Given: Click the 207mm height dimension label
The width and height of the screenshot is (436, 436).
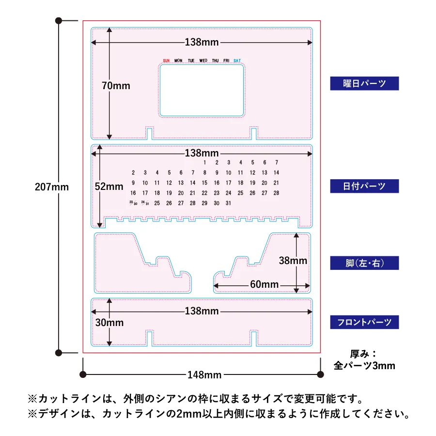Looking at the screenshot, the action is tap(52, 187).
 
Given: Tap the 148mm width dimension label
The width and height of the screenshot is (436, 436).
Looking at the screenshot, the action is tap(204, 375).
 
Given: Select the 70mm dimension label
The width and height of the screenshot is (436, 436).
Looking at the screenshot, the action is tap(116, 86).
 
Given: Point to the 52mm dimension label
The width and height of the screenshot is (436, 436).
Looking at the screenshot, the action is tap(109, 187).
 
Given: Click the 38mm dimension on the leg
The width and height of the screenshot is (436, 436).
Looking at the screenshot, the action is tap(293, 261).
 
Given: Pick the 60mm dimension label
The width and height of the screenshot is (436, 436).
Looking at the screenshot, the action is tap(264, 284).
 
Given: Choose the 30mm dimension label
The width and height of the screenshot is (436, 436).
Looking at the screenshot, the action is tap(109, 323).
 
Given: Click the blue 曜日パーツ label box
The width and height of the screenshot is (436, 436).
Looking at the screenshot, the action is tap(364, 83).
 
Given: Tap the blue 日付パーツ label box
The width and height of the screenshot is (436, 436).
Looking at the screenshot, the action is tap(364, 186).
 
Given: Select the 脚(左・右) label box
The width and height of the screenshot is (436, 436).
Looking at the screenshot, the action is tap(364, 263).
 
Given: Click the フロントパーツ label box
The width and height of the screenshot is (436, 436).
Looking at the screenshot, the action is tap(364, 322).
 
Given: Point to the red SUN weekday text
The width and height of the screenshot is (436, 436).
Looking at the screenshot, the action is tap(166, 61).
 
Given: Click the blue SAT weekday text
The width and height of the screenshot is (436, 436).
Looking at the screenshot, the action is tap(237, 61).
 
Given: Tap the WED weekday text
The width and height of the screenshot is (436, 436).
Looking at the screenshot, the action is tap(203, 61).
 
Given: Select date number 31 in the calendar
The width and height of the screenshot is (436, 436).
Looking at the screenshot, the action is tap(228, 203).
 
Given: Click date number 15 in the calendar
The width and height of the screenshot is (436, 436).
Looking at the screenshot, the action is tap(204, 183).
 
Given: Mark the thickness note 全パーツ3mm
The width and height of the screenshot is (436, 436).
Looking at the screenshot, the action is tap(364, 365).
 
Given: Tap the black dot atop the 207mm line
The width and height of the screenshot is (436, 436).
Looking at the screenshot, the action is tap(59, 20).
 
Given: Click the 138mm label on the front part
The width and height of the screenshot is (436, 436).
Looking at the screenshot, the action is tap(202, 311).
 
